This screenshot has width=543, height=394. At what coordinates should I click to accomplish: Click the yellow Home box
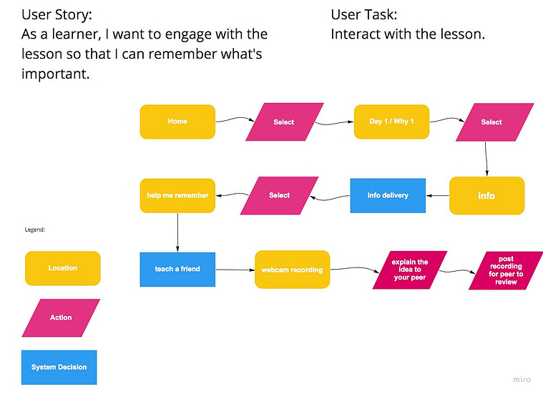pyautogui.click(x=177, y=122)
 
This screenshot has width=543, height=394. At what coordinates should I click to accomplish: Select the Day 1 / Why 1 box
pyautogui.click(x=391, y=122)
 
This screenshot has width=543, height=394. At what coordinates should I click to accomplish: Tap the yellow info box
pyautogui.click(x=487, y=196)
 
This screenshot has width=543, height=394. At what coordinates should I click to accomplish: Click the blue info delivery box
pyautogui.click(x=388, y=196)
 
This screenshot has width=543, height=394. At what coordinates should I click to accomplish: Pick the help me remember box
pyautogui.click(x=177, y=196)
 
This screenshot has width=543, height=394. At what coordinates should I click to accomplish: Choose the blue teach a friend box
pyautogui.click(x=177, y=270)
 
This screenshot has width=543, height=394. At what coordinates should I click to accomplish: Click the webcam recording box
pyautogui.click(x=293, y=270)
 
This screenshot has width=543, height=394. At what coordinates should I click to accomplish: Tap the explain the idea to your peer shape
pyautogui.click(x=410, y=270)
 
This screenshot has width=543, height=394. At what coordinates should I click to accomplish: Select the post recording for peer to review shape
pyautogui.click(x=506, y=270)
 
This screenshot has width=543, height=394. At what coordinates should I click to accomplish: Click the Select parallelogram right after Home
pyautogui.click(x=285, y=122)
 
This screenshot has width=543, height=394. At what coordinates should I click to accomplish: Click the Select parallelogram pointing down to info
pyautogui.click(x=495, y=122)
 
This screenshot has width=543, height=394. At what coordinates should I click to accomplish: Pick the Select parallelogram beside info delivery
pyautogui.click(x=279, y=196)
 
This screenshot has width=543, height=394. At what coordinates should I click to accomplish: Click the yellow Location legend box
pyautogui.click(x=63, y=268)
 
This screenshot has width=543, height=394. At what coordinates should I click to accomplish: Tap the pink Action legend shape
pyautogui.click(x=61, y=317)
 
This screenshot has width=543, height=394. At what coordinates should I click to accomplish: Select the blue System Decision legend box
pyautogui.click(x=59, y=368)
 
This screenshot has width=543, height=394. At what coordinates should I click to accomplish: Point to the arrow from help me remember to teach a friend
pyautogui.click(x=177, y=232)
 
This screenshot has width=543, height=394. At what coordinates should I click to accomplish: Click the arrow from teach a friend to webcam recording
pyautogui.click(x=235, y=270)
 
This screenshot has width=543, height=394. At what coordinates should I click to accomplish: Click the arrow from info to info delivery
pyautogui.click(x=437, y=196)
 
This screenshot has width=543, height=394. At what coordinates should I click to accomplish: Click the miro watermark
pyautogui.click(x=522, y=380)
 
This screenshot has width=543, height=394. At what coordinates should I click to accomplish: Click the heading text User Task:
pyautogui.click(x=364, y=14)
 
